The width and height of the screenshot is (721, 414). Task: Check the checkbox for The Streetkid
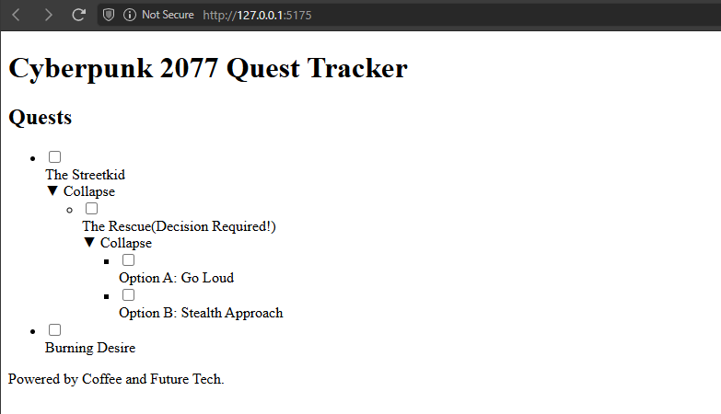54,157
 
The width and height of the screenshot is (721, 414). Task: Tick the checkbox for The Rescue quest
91,209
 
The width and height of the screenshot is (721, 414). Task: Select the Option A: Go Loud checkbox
128,260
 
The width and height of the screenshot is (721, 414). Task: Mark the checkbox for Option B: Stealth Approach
128,295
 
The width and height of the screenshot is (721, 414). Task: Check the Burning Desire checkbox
54,330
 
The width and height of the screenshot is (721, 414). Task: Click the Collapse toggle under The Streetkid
81,191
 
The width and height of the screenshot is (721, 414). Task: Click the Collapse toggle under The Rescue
118,243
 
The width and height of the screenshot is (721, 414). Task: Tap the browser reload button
78,15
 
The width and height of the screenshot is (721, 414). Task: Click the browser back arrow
16,15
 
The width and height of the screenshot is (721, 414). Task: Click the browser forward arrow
48,15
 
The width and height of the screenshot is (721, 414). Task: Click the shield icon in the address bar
109,15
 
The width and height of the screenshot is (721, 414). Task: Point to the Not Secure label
168,15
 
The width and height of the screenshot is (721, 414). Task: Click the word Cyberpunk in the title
81,69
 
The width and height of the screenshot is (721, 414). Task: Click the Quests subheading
41,117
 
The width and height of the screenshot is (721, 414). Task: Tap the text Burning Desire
90,348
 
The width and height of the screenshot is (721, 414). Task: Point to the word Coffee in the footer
101,379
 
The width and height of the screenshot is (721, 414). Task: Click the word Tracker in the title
357,68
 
